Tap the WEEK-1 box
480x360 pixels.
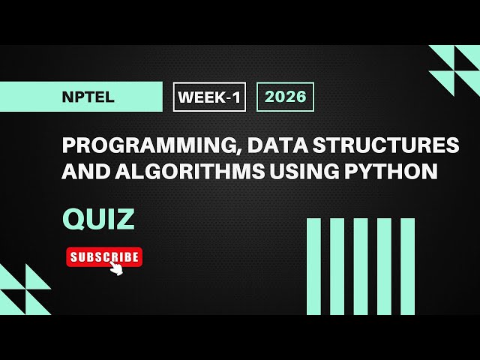point(209,97)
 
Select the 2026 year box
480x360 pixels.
point(285,97)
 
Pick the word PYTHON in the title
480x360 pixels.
point(396,172)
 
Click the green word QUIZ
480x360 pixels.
point(99,219)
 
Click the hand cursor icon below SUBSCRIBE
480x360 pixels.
point(116,268)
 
